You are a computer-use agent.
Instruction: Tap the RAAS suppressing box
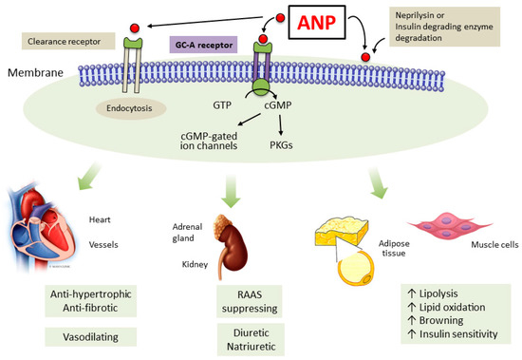click(248, 300)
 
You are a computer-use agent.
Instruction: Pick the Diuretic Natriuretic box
click(250, 338)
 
